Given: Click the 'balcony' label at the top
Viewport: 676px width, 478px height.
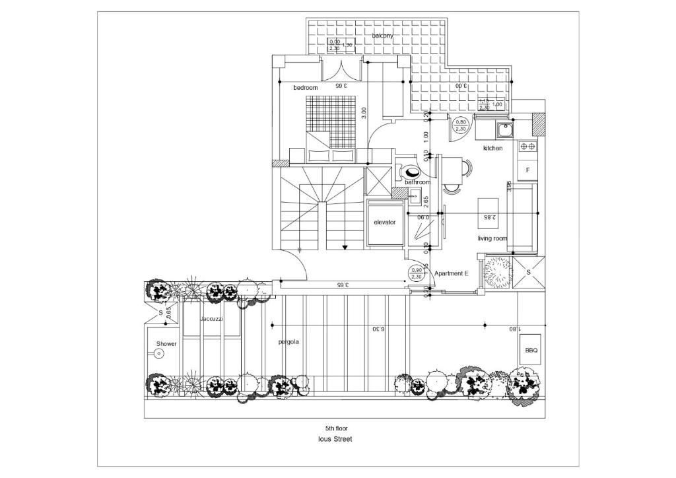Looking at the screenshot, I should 382,36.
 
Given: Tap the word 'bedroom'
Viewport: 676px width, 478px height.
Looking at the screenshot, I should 306,88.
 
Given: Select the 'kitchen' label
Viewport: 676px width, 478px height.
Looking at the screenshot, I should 492,149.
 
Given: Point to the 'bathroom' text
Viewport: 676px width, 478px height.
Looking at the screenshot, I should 417,182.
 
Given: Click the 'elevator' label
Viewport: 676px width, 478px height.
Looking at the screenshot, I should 384,222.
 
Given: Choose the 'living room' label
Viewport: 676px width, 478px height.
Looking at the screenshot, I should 492,238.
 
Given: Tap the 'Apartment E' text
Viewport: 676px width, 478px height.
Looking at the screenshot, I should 452,273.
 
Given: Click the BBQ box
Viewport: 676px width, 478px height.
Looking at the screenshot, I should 531,351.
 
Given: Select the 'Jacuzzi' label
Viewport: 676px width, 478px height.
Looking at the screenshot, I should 211,319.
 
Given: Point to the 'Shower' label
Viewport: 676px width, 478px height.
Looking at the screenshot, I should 166,344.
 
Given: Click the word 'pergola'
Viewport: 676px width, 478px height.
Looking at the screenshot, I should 288,342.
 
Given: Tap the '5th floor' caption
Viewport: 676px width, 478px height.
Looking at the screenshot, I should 337,428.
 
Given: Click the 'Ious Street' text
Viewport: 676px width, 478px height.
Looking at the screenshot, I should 337,438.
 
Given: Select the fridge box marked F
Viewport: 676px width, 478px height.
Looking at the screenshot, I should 527,170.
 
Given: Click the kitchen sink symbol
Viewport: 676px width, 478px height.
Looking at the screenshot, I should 505,129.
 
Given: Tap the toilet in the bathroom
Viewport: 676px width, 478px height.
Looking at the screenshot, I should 407,172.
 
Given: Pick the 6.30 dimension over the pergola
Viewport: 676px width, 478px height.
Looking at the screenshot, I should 378,329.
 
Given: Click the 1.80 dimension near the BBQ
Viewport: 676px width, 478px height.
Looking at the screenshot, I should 513,329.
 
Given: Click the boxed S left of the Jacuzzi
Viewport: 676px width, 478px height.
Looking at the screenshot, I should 160,312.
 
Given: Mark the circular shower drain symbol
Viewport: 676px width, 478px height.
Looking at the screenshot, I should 159,355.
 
